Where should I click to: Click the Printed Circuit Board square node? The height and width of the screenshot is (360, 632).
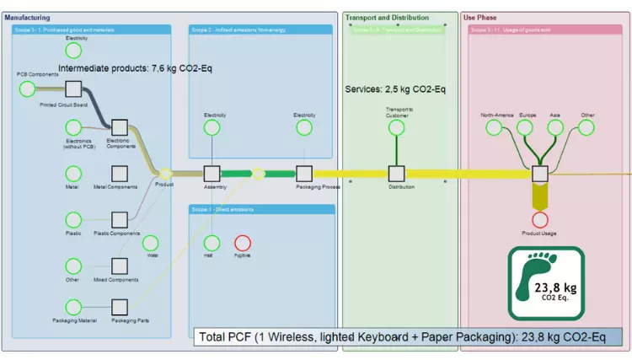[73, 89]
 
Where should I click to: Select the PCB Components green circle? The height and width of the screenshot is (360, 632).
[27, 89]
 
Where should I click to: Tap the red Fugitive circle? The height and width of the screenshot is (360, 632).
[243, 243]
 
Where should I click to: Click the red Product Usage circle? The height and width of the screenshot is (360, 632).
[540, 220]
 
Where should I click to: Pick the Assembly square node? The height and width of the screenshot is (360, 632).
[212, 173]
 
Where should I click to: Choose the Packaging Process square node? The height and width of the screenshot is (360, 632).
[304, 173]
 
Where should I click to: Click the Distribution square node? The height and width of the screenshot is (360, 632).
[396, 173]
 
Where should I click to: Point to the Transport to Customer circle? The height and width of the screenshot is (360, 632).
[396, 127]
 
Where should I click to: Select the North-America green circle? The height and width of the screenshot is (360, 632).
[495, 127]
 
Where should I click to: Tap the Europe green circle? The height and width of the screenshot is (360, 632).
[525, 127]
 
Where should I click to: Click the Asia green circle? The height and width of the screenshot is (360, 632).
[555, 127]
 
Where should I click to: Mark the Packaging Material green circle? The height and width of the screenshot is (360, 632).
[73, 307]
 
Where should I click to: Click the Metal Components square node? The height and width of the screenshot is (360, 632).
[120, 173]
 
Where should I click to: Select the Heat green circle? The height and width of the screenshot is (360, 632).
[212, 243]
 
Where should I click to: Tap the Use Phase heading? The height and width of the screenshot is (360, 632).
[479, 17]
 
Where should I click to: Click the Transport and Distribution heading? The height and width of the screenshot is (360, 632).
[387, 17]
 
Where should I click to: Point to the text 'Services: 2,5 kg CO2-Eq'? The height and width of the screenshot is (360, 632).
[395, 89]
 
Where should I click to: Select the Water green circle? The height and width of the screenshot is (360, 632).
[152, 243]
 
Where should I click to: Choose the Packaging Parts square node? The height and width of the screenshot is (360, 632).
[120, 307]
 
